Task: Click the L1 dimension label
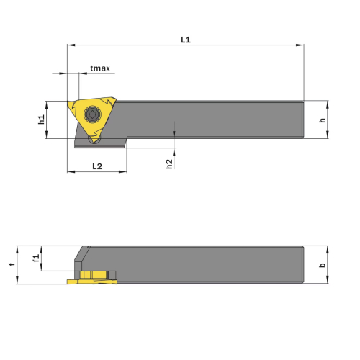pos(186,40)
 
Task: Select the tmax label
pos(100,68)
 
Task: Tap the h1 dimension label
pos(41,120)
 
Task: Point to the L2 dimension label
pos(97,166)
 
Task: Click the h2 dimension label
pos(169,164)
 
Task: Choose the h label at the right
pos(323,120)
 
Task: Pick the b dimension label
pos(323,265)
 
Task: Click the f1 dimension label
pos(36,258)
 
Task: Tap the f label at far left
pos(12,264)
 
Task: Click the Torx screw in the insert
pos(92,114)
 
